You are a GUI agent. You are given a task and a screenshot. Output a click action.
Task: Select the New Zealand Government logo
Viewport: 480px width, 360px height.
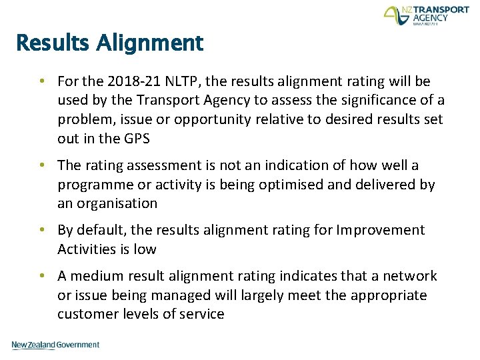(55, 345)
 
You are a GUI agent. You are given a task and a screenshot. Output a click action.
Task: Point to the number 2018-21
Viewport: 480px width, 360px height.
(131, 81)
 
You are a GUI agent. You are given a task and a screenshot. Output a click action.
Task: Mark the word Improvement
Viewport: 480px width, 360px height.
(381, 230)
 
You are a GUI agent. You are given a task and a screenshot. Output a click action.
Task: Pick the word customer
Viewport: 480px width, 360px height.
(84, 314)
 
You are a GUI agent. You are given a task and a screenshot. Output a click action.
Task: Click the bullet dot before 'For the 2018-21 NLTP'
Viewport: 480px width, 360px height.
(42, 81)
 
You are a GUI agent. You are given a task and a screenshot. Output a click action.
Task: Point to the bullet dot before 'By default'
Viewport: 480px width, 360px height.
(42, 230)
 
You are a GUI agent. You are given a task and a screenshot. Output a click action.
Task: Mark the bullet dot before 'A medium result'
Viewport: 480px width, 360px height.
(42, 276)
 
